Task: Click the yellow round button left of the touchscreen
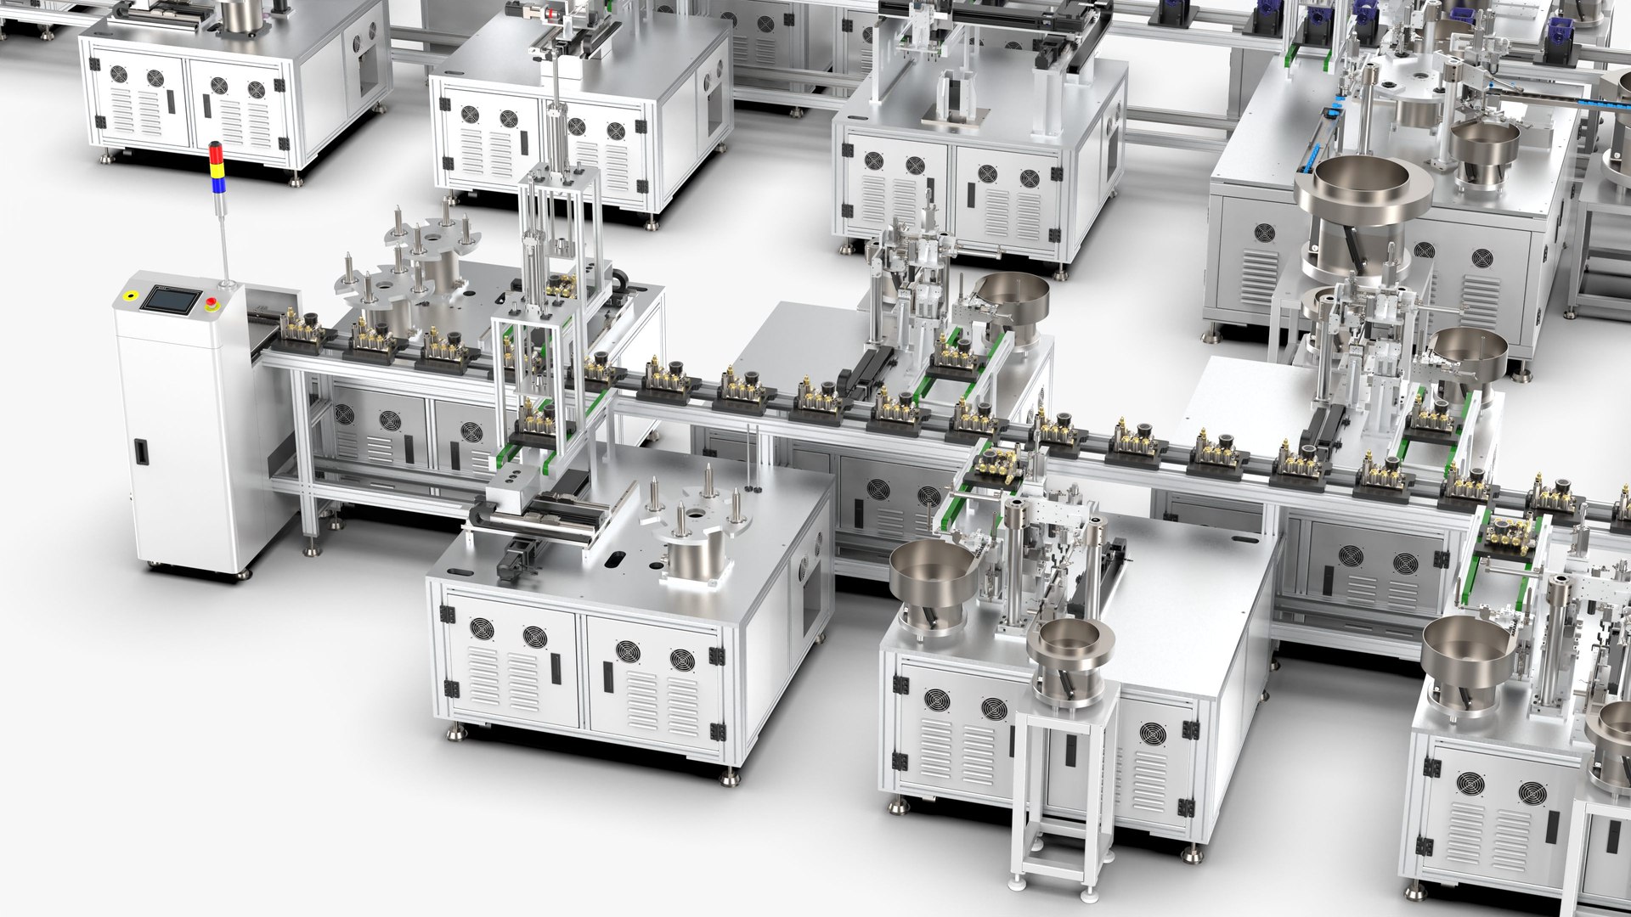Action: point(130,296)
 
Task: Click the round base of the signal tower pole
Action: point(227,282)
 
